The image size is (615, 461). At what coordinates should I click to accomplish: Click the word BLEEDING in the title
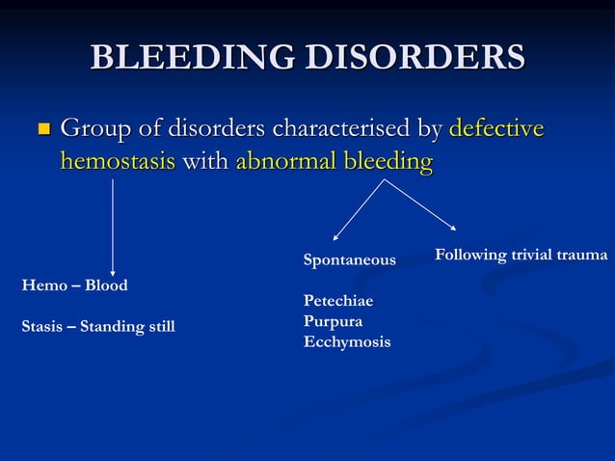190,57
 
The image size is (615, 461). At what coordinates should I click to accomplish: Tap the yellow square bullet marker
41,128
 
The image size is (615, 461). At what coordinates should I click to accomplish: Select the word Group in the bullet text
93,128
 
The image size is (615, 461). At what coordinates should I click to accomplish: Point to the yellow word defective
496,128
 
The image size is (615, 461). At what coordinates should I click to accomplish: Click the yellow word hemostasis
118,161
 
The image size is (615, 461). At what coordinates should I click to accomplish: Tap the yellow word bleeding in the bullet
387,161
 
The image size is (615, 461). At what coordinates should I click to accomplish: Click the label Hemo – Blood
74,285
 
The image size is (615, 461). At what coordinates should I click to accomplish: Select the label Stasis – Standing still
98,326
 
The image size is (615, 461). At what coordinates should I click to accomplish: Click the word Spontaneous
349,260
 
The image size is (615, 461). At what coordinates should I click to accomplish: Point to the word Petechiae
338,301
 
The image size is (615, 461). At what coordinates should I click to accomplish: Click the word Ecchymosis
347,341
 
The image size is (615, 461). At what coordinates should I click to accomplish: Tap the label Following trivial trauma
521,255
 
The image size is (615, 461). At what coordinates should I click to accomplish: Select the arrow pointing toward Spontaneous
359,209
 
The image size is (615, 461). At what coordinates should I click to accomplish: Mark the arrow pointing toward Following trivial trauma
421,204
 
